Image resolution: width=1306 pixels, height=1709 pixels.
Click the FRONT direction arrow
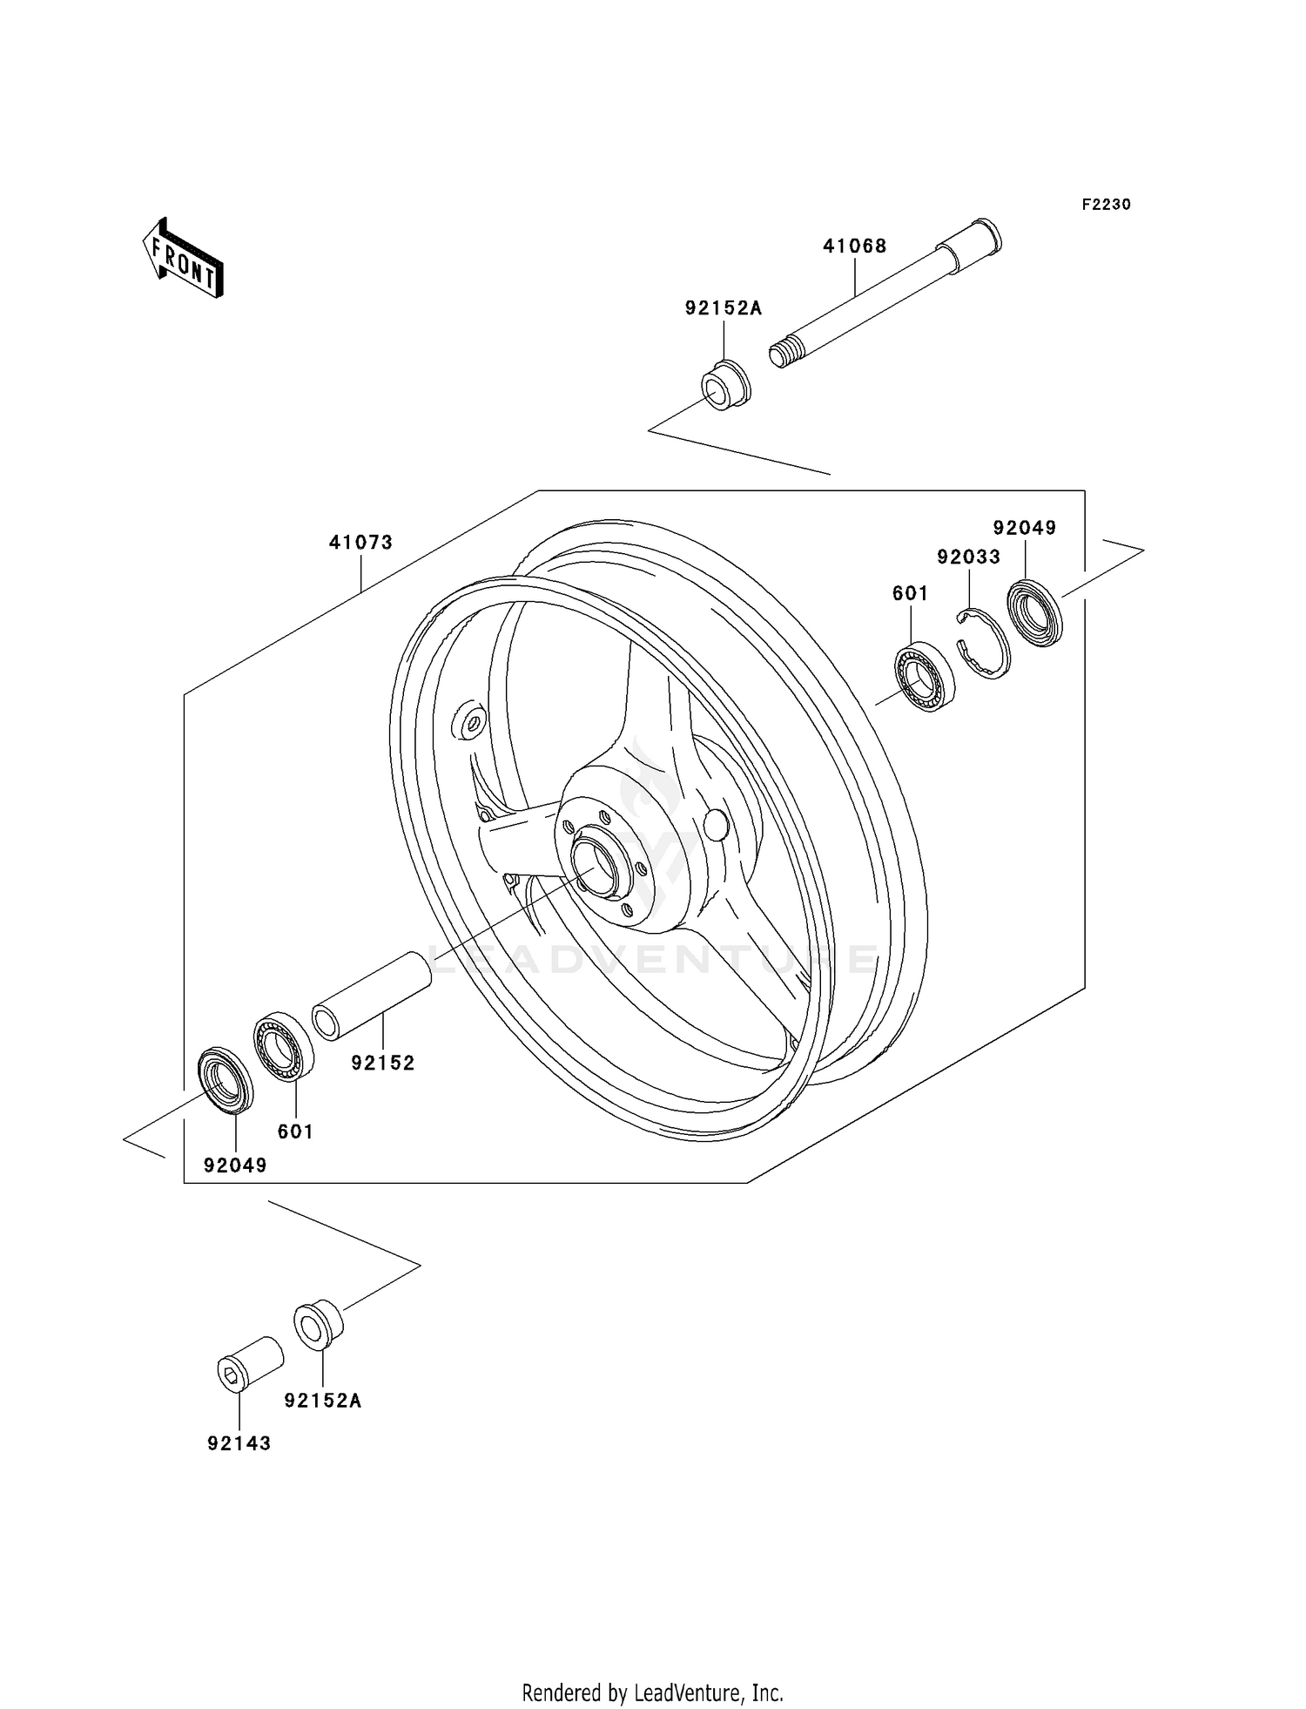184,260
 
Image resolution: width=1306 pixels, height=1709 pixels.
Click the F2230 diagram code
1106,205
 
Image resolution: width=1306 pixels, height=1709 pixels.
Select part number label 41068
854,247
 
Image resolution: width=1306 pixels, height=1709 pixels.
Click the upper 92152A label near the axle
723,307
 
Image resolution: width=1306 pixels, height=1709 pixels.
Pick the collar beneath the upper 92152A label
725,386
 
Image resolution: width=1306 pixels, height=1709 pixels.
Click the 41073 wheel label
360,542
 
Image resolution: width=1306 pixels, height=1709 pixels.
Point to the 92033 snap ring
983,643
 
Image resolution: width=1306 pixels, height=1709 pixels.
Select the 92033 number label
968,557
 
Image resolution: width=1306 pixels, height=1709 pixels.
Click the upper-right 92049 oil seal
1034,614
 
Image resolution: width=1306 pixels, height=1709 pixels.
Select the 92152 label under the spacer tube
383,1063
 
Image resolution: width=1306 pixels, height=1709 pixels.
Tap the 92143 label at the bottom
239,1443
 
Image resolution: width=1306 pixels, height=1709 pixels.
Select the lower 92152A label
322,1401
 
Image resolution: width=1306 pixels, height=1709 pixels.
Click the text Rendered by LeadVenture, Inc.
652,1692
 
